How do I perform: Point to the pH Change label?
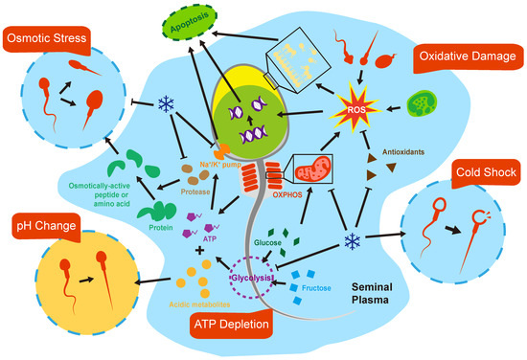[x=44, y=228]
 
